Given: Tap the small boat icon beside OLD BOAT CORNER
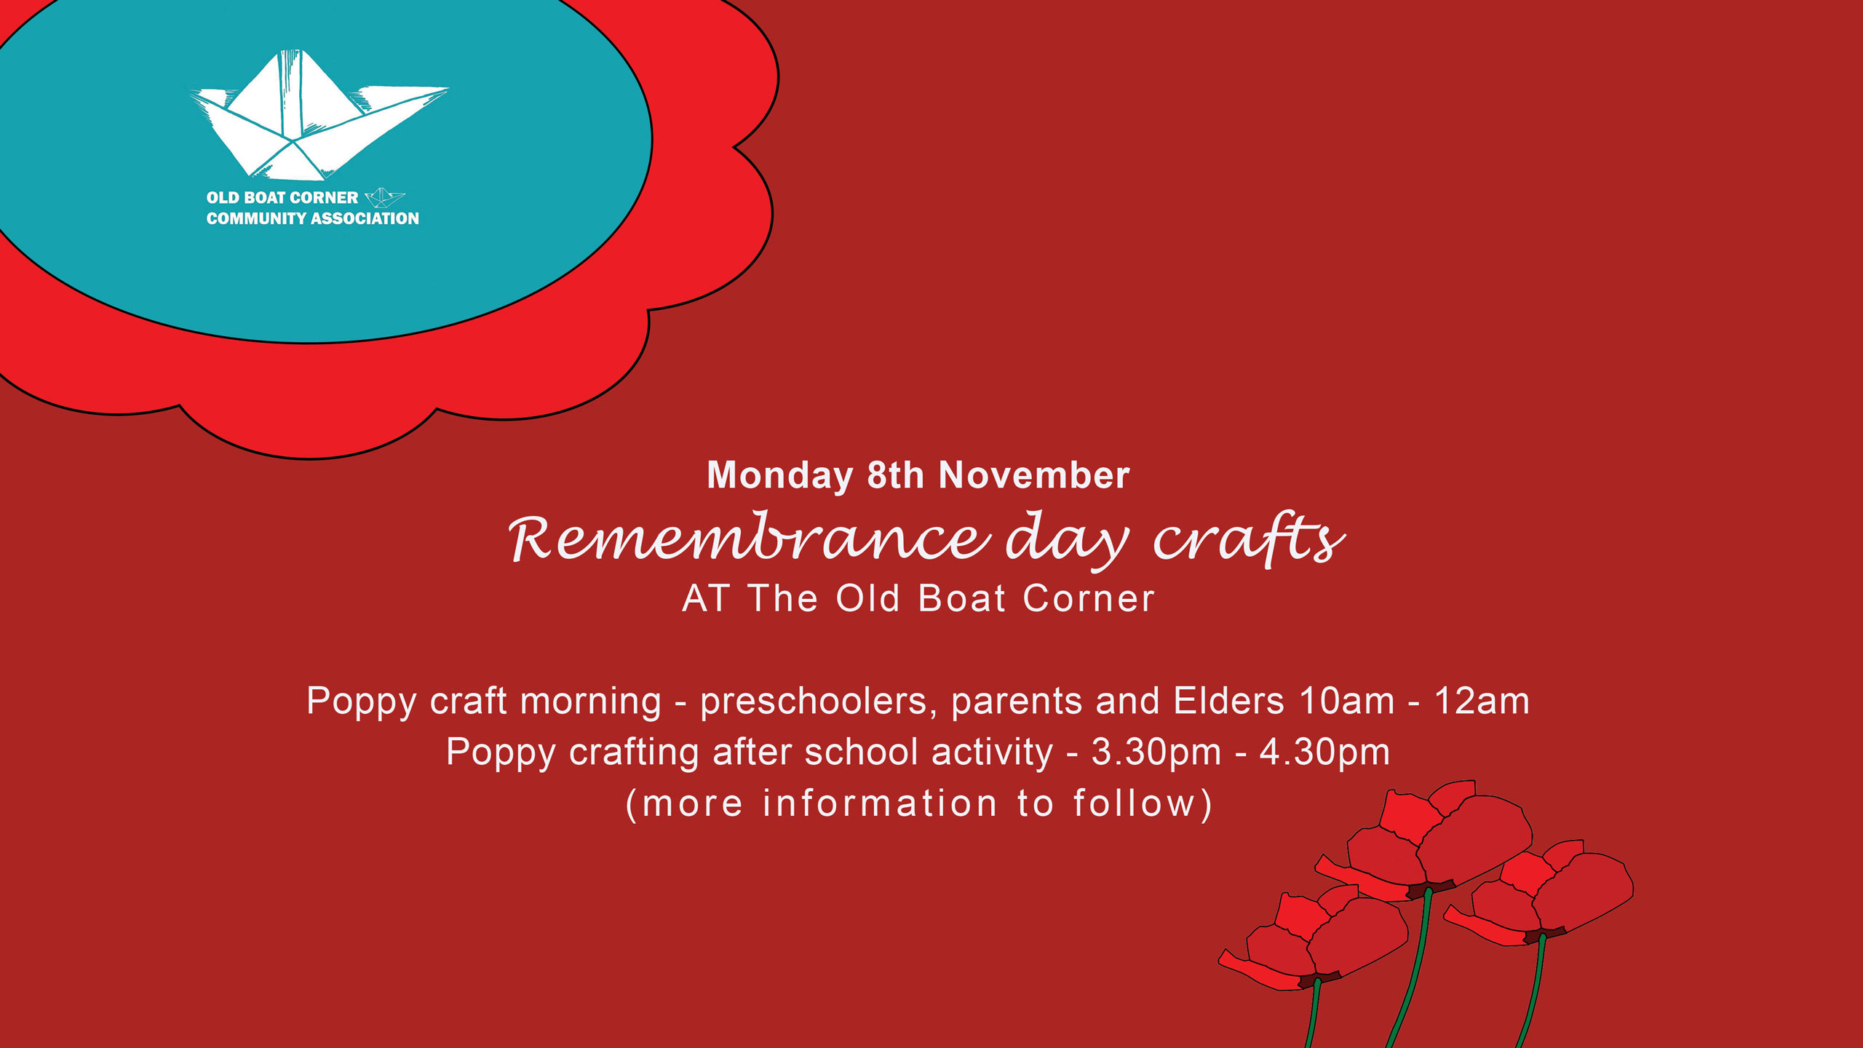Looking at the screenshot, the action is point(384,197).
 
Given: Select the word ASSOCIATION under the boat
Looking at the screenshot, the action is point(365,218).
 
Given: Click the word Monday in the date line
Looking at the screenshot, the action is point(779,477).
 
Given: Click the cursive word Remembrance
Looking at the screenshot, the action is point(750,538).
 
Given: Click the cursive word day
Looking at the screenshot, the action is point(1067,540).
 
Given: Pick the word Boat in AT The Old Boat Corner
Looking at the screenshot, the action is point(962,598).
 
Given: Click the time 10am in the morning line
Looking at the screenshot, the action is point(1346,702).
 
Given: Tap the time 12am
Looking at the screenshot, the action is point(1482,702).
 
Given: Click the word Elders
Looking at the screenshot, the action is point(1228,701).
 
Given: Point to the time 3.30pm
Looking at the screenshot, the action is point(1156,753).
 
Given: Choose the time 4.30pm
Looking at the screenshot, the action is point(1324,753).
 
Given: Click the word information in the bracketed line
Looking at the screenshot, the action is point(880,803).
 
